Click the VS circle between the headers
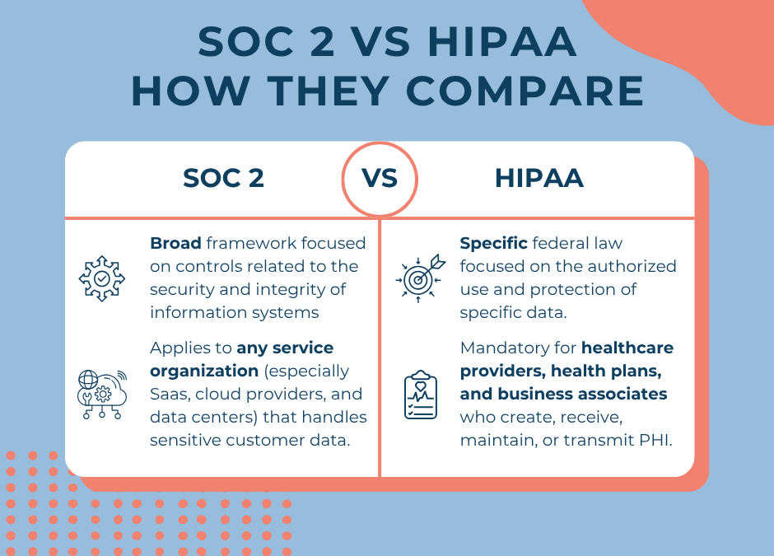pyautogui.click(x=380, y=180)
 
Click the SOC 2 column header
pyautogui.click(x=223, y=179)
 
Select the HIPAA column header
pyautogui.click(x=539, y=179)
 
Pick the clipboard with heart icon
pyautogui.click(x=420, y=394)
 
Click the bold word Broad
pyautogui.click(x=175, y=243)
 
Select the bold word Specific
pyautogui.click(x=494, y=243)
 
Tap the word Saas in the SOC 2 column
pyautogui.click(x=170, y=394)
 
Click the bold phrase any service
pyautogui.click(x=285, y=348)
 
